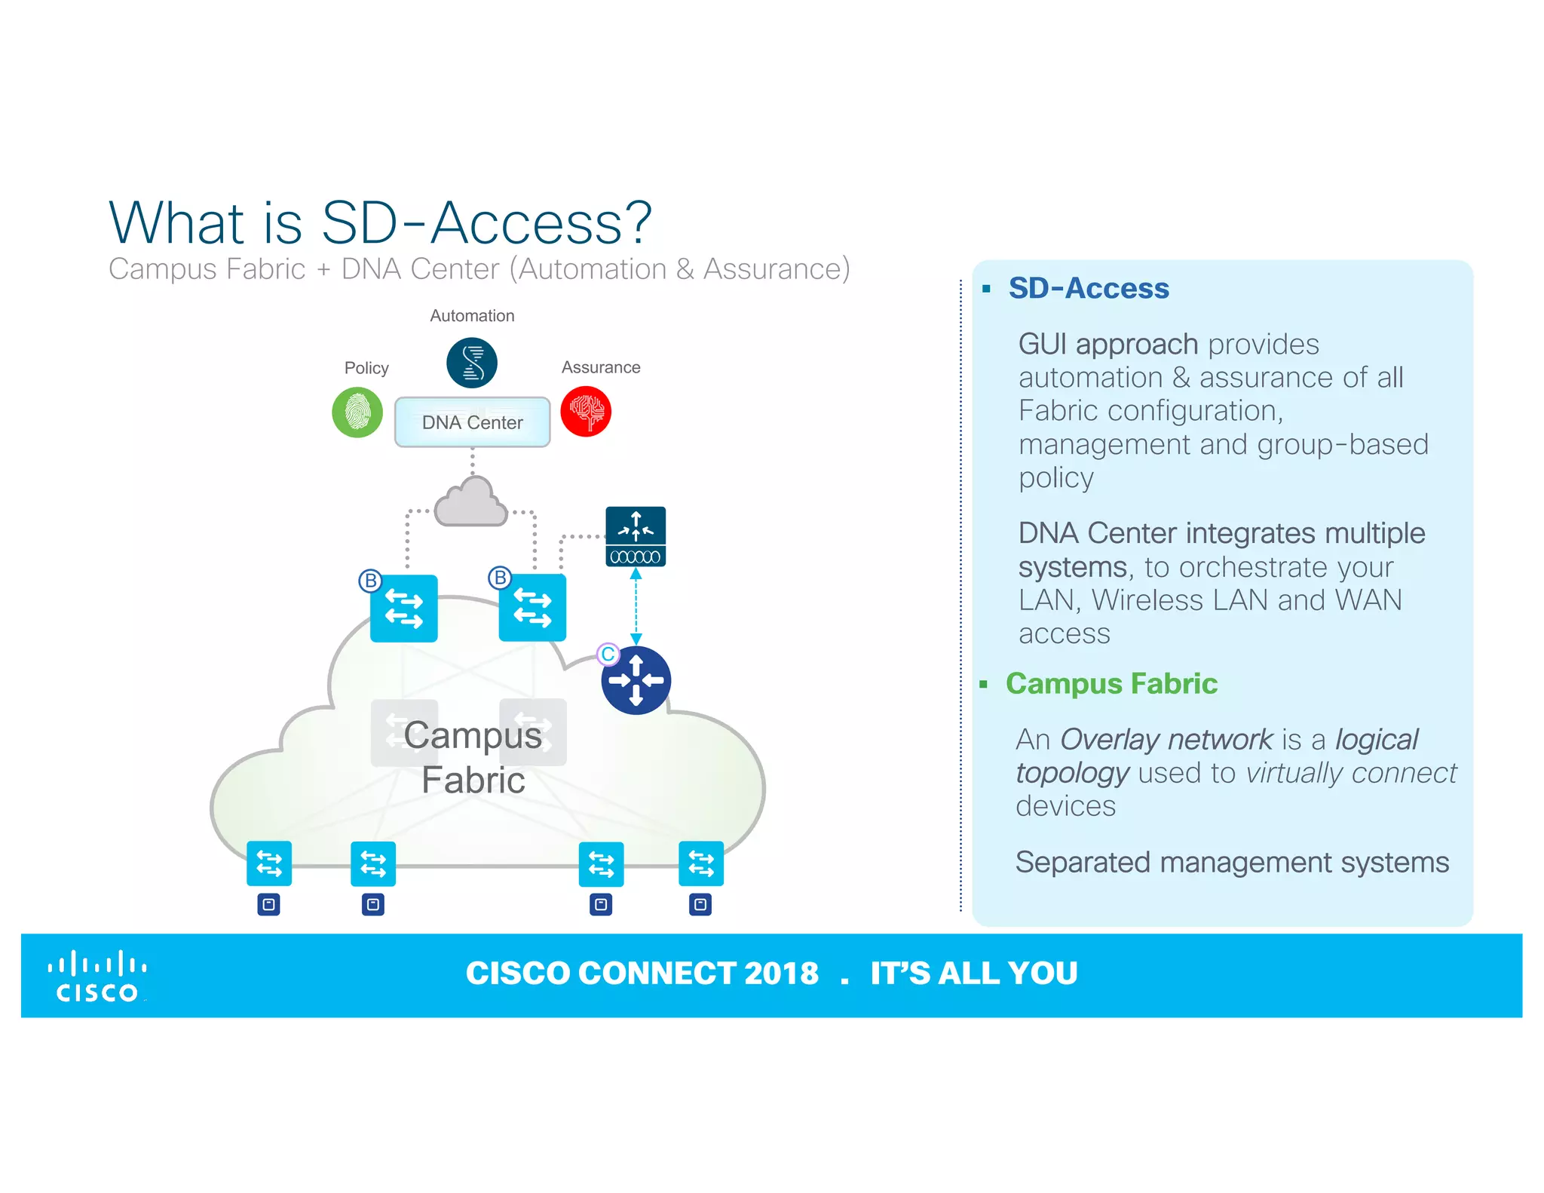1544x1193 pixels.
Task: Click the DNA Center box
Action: [x=472, y=422]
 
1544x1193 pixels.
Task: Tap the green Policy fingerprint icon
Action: [x=357, y=412]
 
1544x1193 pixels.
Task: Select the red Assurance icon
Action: [x=586, y=412]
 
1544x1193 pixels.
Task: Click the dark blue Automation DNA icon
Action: [x=472, y=363]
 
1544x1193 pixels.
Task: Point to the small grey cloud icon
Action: [x=471, y=503]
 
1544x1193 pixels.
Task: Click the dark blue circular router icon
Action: [x=636, y=680]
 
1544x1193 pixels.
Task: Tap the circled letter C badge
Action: [x=608, y=654]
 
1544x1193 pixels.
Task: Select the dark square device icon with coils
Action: [x=636, y=536]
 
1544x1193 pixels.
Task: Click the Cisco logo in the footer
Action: [x=96, y=977]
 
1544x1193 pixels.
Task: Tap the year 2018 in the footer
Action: [x=781, y=974]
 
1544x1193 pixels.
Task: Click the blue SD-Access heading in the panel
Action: [x=1088, y=288]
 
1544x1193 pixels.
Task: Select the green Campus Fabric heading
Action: [x=1111, y=683]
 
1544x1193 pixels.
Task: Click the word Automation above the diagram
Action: [x=472, y=316]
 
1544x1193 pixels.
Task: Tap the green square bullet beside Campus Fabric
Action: [x=984, y=685]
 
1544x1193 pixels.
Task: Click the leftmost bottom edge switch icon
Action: [x=269, y=863]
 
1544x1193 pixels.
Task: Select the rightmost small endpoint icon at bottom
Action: [x=700, y=904]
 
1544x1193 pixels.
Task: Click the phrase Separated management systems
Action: [x=1232, y=862]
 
